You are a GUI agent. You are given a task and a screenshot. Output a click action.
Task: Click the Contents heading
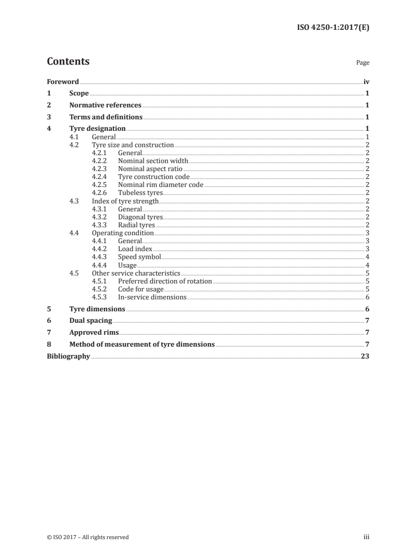click(68, 62)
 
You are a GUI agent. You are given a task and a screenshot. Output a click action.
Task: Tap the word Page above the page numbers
click(363, 63)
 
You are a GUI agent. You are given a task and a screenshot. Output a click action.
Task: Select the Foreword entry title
click(63, 82)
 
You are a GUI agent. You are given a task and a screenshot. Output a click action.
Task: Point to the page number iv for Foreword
click(366, 82)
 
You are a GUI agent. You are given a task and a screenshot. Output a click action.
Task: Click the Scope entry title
click(79, 93)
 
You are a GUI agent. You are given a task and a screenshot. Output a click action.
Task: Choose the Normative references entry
click(105, 105)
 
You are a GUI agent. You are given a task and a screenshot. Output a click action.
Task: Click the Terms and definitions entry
click(106, 117)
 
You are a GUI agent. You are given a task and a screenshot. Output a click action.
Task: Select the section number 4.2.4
click(100, 177)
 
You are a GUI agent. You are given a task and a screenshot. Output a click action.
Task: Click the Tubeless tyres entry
click(140, 192)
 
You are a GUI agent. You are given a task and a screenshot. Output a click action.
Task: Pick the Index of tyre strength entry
click(125, 201)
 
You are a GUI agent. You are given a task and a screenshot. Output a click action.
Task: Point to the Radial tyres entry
click(137, 225)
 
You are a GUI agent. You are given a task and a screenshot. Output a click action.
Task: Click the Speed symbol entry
click(140, 257)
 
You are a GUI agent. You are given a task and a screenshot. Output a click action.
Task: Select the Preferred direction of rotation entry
click(165, 281)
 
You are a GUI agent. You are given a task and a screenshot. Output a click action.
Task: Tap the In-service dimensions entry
click(152, 297)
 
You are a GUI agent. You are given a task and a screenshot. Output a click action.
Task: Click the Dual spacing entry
click(90, 320)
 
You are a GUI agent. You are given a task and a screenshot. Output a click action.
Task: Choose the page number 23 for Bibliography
click(365, 356)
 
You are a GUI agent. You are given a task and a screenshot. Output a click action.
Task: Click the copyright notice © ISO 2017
click(87, 537)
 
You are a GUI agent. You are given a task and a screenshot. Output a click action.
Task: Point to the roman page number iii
click(366, 537)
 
